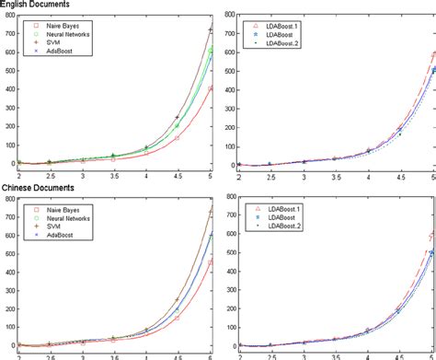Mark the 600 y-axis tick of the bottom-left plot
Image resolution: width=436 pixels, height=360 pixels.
[x=8, y=234]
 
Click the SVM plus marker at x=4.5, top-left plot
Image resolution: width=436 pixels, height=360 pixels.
[x=177, y=118]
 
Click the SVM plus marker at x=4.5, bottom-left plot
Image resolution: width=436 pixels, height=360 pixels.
[x=177, y=300]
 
